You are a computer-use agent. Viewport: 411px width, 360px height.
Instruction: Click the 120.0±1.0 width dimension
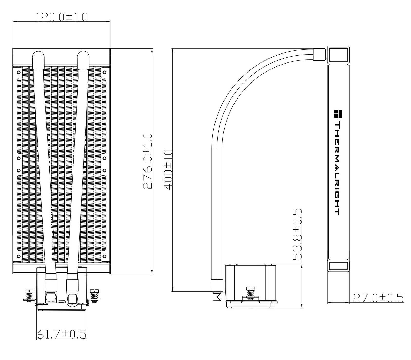coord(61,17)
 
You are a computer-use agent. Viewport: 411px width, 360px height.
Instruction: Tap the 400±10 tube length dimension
coord(168,169)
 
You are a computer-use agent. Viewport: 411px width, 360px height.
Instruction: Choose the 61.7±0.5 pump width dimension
coord(62,334)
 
